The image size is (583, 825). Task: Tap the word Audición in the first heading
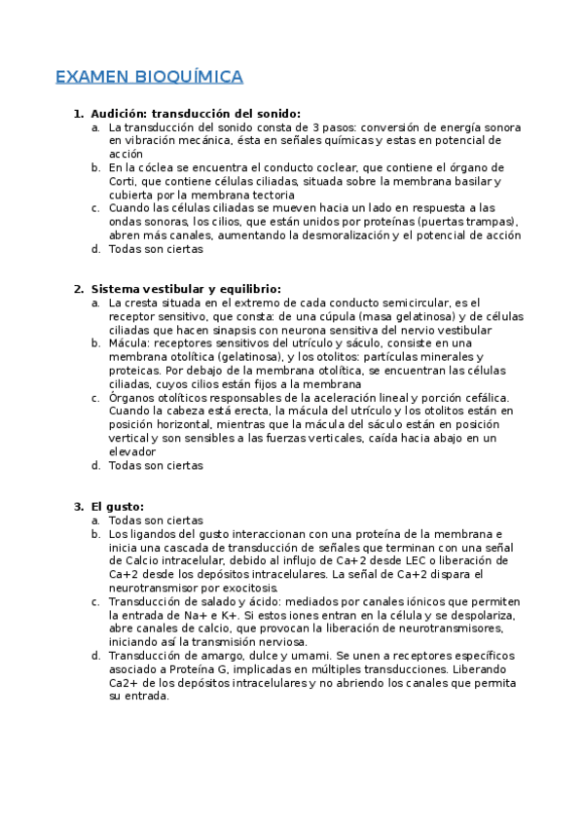tap(120, 114)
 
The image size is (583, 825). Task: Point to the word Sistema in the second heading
tap(116, 289)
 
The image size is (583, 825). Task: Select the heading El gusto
tap(117, 506)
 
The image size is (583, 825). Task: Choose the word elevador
tap(132, 451)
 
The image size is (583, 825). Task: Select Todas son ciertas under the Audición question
tap(156, 249)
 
